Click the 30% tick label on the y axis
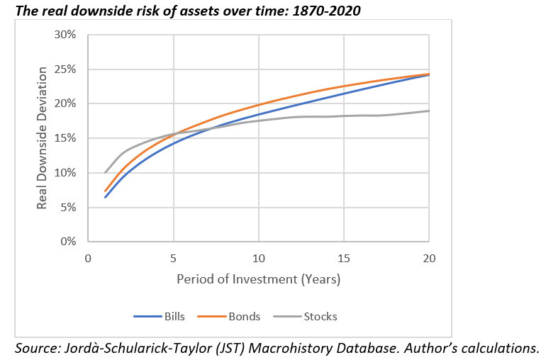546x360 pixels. [x=67, y=35]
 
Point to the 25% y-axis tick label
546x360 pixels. [x=67, y=69]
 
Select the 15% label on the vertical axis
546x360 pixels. [x=67, y=138]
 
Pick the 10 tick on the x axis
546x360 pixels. [x=258, y=257]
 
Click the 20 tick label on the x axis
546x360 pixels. [x=428, y=257]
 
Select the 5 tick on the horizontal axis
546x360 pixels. [x=173, y=257]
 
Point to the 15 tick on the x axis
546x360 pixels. [x=343, y=257]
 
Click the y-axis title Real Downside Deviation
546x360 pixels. [x=43, y=138]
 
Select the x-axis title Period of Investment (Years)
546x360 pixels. [x=258, y=279]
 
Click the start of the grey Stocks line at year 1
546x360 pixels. [x=105, y=172]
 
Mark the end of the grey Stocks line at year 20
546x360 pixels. [x=428, y=111]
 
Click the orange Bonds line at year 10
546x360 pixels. [x=258, y=105]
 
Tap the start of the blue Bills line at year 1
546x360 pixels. [x=105, y=197]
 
